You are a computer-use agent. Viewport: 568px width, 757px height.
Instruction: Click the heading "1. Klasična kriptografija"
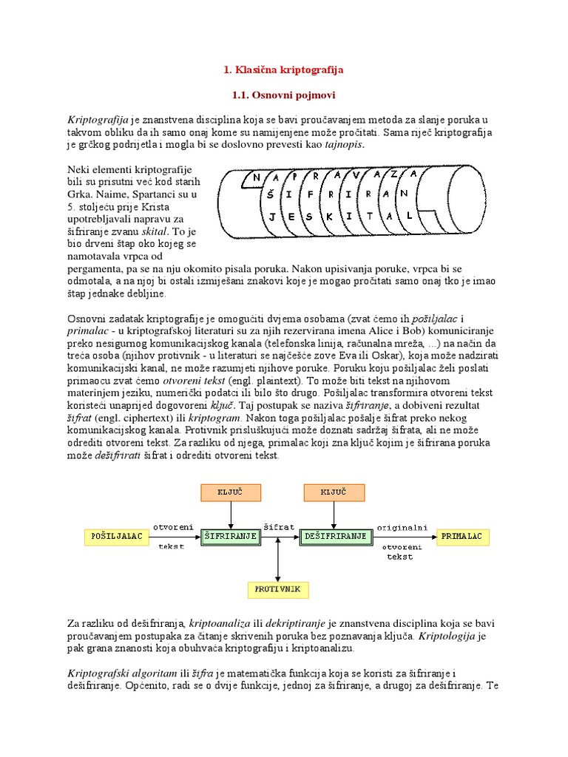coord(283,70)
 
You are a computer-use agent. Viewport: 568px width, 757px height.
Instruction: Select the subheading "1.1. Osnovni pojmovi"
coord(284,96)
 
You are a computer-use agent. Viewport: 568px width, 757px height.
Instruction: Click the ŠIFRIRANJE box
coord(231,535)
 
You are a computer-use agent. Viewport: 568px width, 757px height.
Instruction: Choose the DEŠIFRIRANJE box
coord(334,535)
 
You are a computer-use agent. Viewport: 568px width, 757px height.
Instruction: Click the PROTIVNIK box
coord(277,589)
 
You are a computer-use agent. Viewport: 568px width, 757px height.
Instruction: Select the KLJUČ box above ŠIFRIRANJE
coord(231,492)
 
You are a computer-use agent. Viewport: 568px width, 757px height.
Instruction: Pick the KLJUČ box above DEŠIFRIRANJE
coord(334,492)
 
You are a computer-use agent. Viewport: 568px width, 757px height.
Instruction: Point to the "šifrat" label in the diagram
coord(280,526)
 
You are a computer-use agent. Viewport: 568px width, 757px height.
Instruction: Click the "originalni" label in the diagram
coord(402,526)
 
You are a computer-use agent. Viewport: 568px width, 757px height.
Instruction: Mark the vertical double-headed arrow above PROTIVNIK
coord(277,558)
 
